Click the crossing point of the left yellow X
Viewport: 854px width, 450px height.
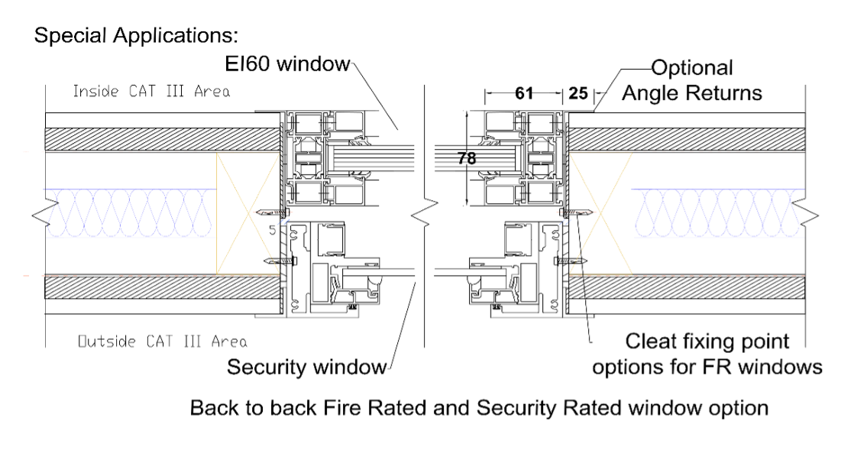pyautogui.click(x=248, y=213)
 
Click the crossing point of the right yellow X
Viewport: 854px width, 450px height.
pyautogui.click(x=601, y=213)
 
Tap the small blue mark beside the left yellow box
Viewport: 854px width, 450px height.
pyautogui.click(x=283, y=222)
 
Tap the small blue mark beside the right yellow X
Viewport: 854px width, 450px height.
pyautogui.click(x=565, y=222)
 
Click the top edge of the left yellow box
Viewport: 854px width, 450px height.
pyautogui.click(x=248, y=153)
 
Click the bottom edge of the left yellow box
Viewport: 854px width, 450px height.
pyautogui.click(x=248, y=274)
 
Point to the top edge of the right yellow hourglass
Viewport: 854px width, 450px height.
pyautogui.click(x=601, y=153)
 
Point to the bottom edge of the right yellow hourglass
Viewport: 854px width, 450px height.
pyautogui.click(x=601, y=274)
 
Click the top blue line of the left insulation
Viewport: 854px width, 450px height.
pyautogui.click(x=130, y=189)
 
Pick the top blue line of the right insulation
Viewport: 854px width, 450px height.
pyautogui.click(x=718, y=189)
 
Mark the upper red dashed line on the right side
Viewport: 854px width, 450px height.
pyautogui.click(x=718, y=152)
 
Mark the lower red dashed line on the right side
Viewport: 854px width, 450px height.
pyautogui.click(x=718, y=276)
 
